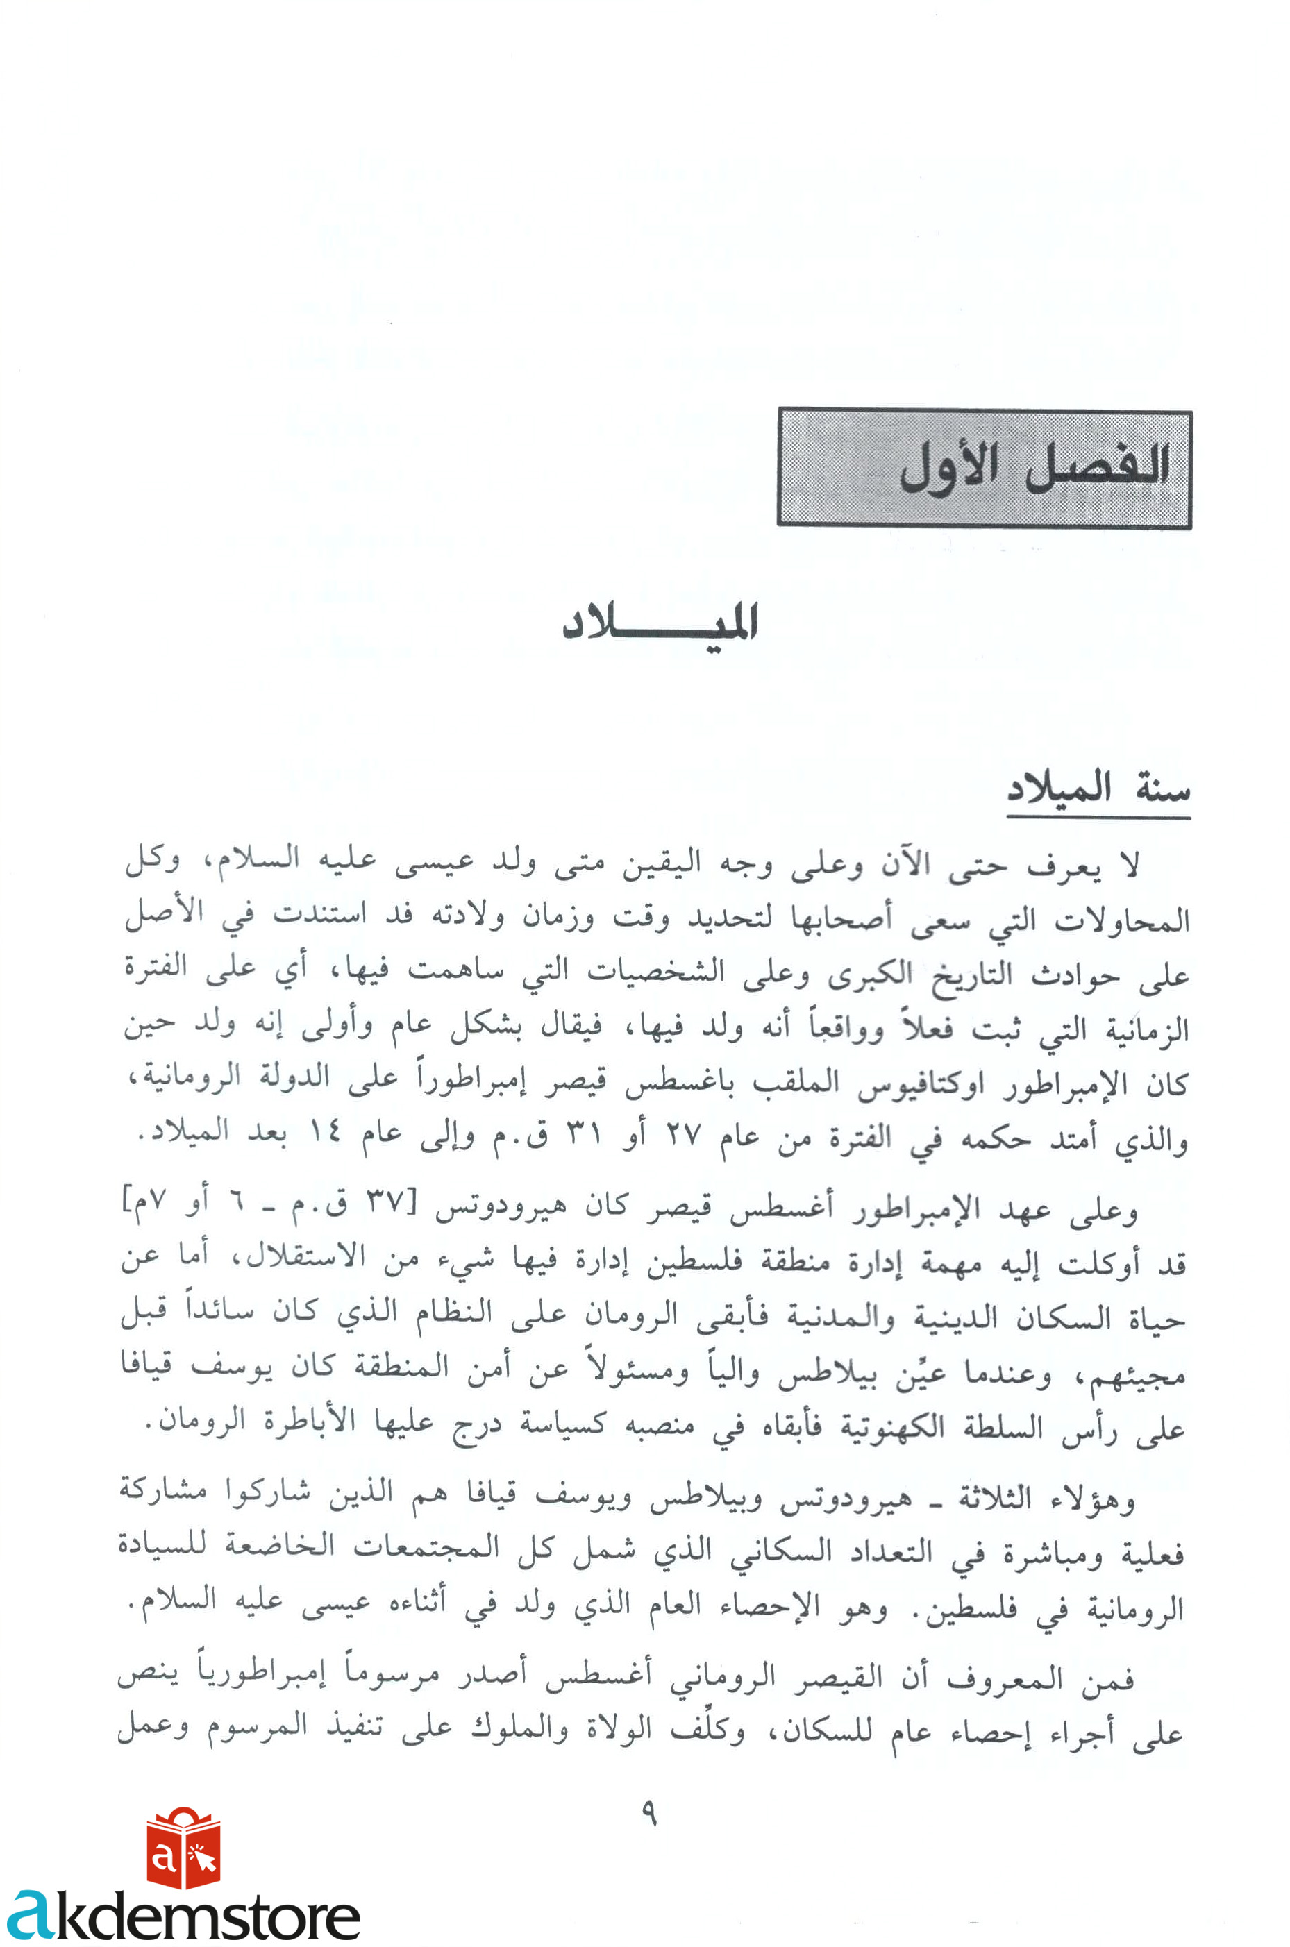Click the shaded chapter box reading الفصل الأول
tap(984, 468)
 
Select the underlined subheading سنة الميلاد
tap(1098, 791)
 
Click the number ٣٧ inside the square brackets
tap(383, 1206)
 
